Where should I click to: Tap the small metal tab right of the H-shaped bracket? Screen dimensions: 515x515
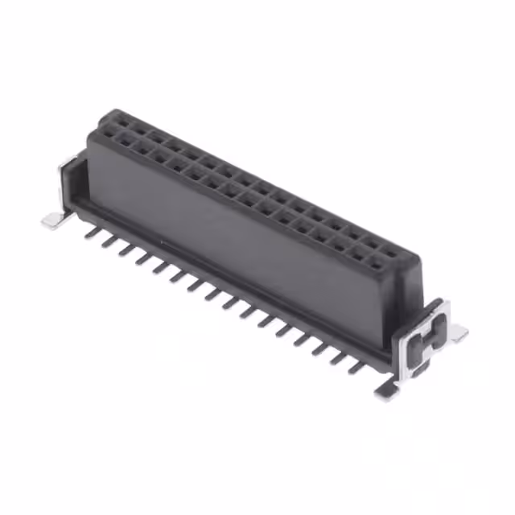click(x=458, y=332)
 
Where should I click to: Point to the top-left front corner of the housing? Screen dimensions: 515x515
click(x=90, y=135)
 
